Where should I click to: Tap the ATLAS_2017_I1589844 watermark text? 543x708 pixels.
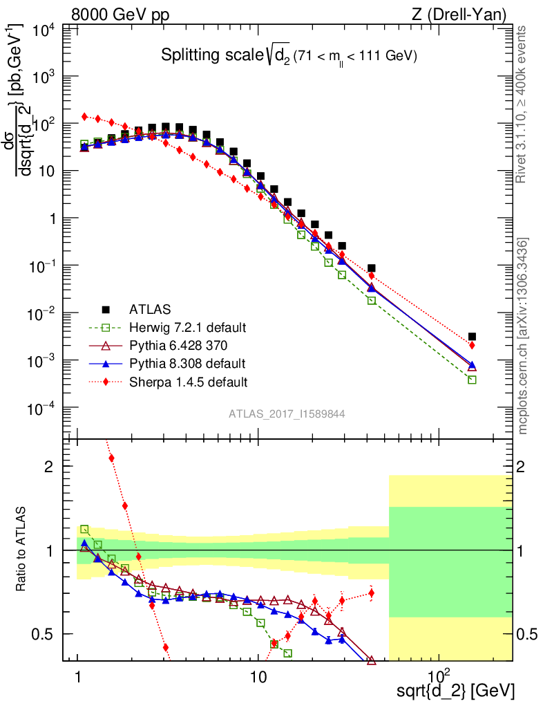click(287, 414)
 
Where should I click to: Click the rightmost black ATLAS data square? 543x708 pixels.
click(472, 337)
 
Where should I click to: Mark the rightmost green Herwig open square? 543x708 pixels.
click(472, 380)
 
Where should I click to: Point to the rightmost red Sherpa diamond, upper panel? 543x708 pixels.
click(472, 345)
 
